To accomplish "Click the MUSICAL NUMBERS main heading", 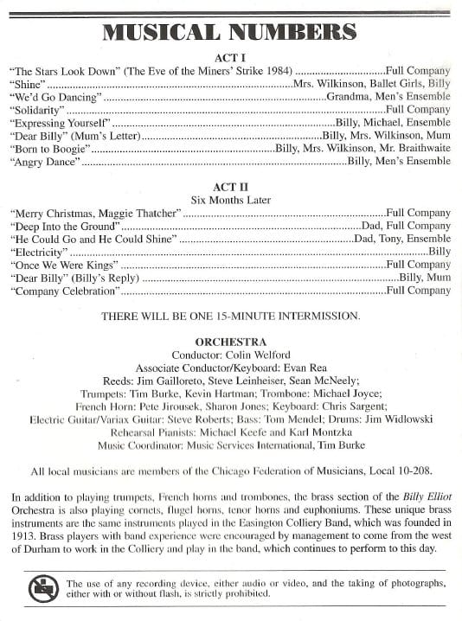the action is (x=230, y=32).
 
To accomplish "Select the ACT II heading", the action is (x=230, y=187).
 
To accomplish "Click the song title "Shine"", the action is (x=27, y=84).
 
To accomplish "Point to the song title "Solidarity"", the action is (x=37, y=110).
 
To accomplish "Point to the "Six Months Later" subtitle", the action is (x=230, y=200).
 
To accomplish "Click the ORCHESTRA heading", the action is (x=230, y=342).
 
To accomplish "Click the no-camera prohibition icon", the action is (x=42, y=589).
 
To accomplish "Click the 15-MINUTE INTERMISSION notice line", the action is (x=230, y=317).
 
